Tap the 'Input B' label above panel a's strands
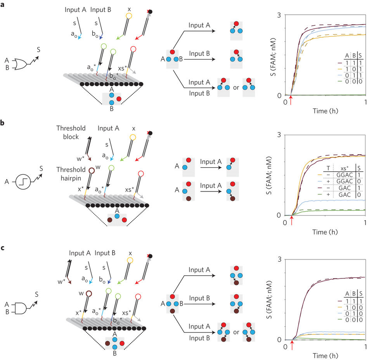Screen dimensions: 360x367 pos(101,9)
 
